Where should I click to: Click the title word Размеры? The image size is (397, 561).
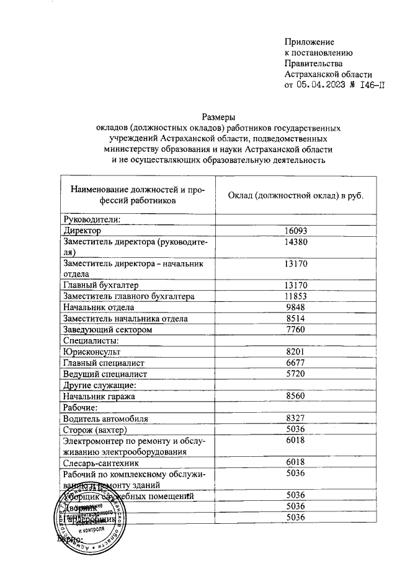[218, 116]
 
